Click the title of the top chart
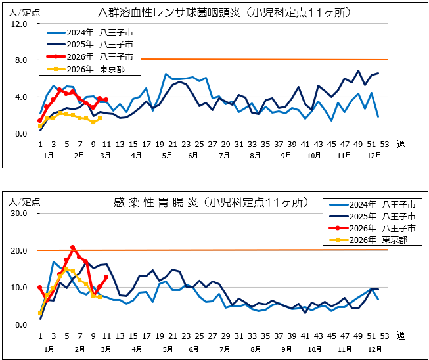[224, 12]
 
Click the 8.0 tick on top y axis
[19, 60]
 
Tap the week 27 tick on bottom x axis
[213, 335]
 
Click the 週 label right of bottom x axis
[401, 335]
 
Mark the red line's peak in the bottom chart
[73, 248]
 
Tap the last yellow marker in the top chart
[99, 118]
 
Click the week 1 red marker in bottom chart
[40, 287]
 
